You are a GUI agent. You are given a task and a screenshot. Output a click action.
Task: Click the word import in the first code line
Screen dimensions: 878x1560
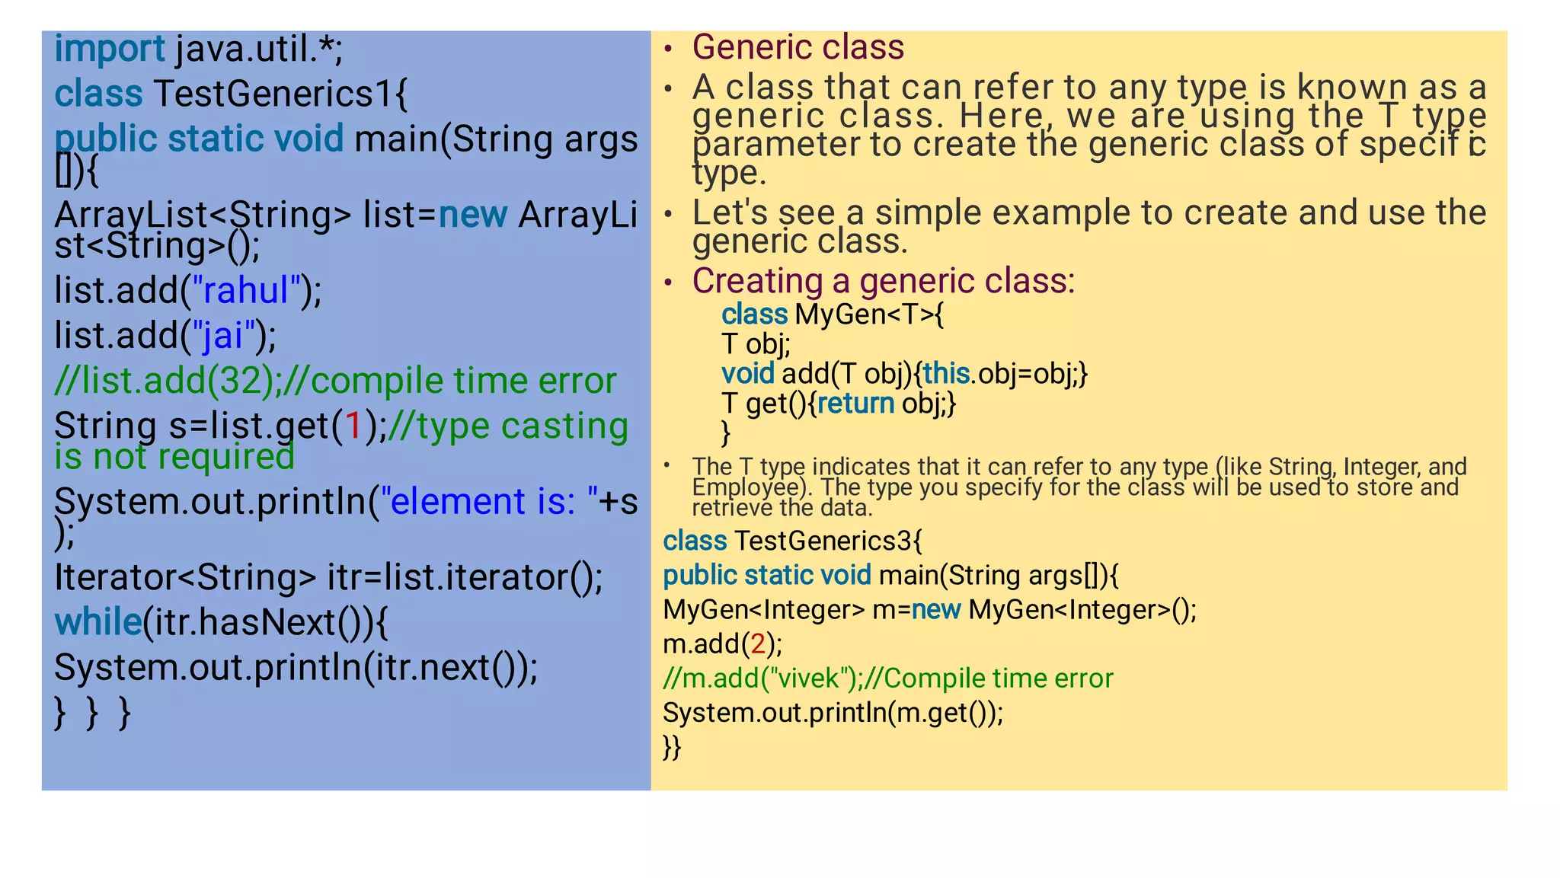109,49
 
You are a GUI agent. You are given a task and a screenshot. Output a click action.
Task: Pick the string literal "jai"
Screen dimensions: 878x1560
222,336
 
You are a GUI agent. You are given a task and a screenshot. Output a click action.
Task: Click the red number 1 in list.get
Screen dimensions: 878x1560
353,426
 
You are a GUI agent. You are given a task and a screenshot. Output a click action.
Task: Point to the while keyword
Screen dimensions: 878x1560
97,622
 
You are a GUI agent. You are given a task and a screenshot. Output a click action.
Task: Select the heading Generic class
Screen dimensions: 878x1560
798,47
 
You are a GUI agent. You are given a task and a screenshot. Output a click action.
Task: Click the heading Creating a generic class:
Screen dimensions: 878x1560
883,281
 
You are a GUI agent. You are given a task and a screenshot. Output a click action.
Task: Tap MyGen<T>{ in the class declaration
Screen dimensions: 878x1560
868,314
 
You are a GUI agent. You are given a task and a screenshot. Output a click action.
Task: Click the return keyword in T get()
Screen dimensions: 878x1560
855,404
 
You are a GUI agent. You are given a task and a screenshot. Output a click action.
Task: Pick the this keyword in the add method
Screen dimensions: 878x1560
945,374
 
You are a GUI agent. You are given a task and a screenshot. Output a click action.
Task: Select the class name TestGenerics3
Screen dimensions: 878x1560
823,541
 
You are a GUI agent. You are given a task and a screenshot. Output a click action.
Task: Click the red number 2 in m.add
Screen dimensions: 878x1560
758,644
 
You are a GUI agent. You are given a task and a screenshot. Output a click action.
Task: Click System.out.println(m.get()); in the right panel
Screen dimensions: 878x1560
833,713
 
